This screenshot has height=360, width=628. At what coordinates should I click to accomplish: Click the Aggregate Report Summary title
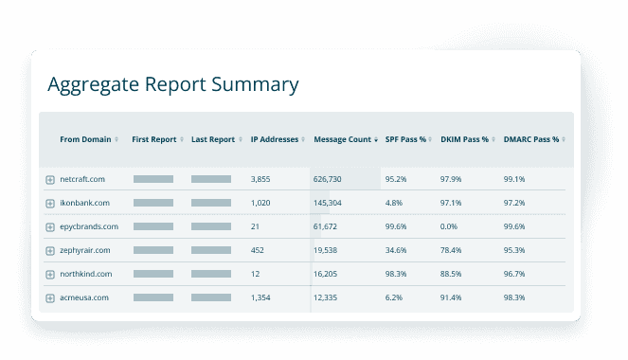[x=173, y=84]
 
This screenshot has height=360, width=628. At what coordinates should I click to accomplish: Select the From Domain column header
[x=84, y=140]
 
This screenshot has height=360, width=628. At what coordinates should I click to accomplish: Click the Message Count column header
[x=342, y=140]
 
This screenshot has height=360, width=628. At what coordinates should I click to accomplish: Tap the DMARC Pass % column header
[x=531, y=140]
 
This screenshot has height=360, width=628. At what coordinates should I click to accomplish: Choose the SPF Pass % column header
[x=404, y=140]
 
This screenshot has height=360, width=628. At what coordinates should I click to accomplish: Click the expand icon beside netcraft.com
[x=50, y=179]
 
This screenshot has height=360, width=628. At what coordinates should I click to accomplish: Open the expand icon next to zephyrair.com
[x=50, y=250]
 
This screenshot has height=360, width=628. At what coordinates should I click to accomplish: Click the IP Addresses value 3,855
[x=260, y=179]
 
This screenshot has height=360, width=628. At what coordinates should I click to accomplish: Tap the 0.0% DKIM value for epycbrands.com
[x=450, y=226]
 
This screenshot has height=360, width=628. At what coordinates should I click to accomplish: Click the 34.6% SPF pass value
[x=396, y=250]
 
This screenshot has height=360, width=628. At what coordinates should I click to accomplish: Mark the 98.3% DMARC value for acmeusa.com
[x=514, y=297]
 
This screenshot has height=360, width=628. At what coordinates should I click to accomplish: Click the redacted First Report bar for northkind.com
[x=153, y=274]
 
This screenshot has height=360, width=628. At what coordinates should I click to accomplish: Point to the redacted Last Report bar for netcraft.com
[x=218, y=179]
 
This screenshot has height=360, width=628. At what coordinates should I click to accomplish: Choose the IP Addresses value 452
[x=257, y=250]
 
